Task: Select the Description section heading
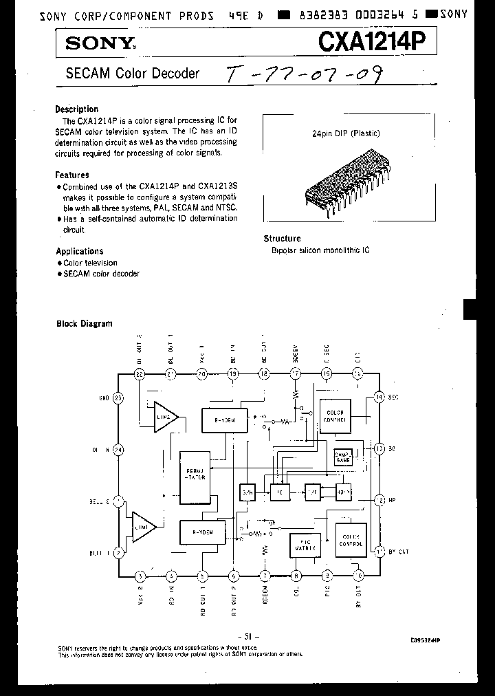point(76,109)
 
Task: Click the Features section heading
point(72,175)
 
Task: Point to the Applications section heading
point(79,251)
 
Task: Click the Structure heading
point(283,239)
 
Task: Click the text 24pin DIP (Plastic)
point(346,133)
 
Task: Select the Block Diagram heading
point(84,323)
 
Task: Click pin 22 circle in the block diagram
point(140,374)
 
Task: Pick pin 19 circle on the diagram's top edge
point(232,374)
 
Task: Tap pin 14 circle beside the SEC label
point(378,398)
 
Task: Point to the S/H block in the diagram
point(247,492)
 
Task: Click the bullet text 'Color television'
point(90,263)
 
